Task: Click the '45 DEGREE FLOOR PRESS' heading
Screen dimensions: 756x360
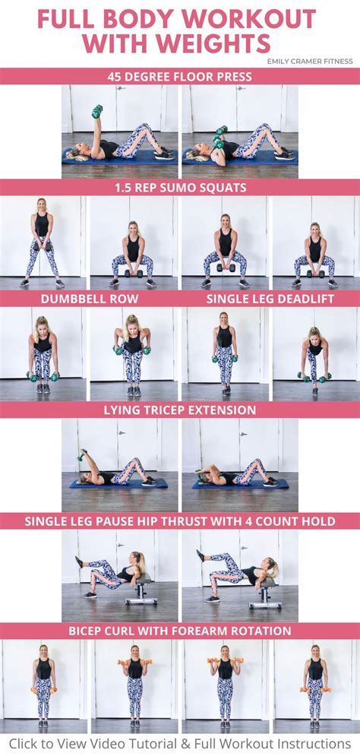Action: click(180, 76)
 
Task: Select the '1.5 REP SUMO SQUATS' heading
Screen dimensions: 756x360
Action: click(180, 188)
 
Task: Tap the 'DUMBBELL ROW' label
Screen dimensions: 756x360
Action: click(89, 299)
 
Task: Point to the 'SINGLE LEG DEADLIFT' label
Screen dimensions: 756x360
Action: click(270, 299)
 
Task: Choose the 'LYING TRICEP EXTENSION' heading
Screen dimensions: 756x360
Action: click(180, 410)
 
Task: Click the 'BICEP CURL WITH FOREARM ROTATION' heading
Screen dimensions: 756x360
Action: click(180, 631)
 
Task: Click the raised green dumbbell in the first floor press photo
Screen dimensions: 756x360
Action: click(97, 112)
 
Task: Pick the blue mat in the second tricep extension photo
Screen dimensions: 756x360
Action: click(239, 483)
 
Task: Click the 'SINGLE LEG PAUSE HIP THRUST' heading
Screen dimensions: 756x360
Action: click(180, 521)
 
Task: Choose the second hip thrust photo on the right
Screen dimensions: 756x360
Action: click(239, 575)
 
